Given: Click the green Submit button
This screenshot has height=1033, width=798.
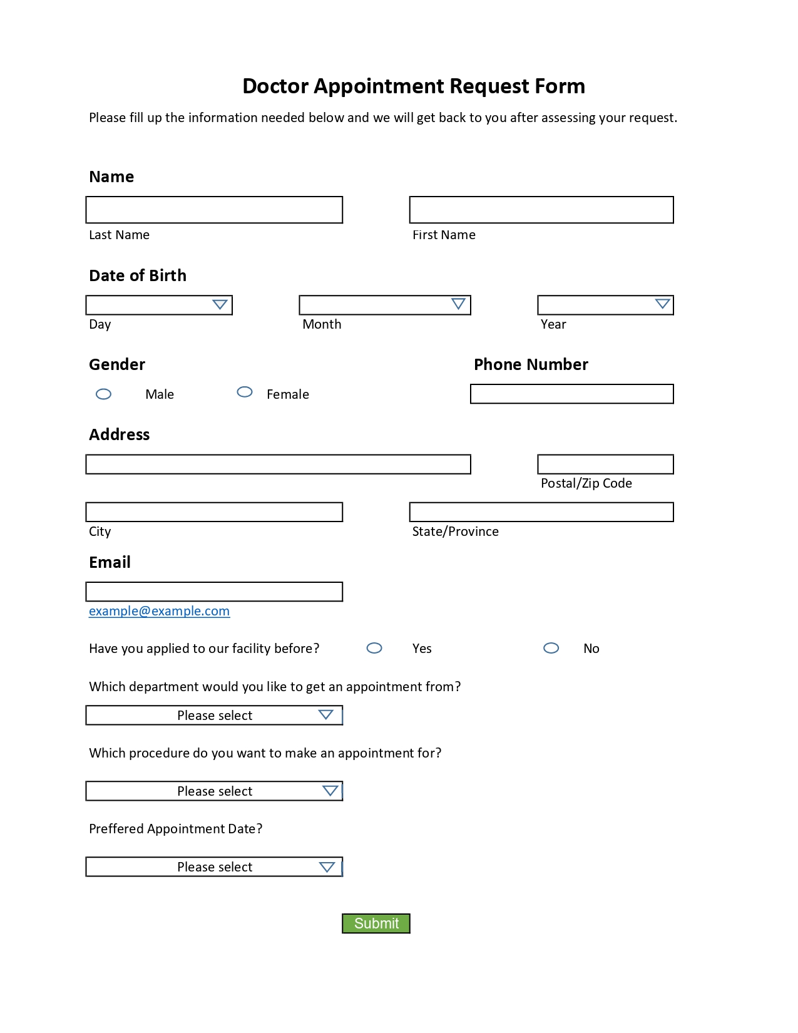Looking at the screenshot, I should pyautogui.click(x=376, y=923).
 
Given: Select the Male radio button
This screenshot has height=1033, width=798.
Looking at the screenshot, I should pyautogui.click(x=104, y=394).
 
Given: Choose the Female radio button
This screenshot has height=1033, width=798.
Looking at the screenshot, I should pyautogui.click(x=245, y=392).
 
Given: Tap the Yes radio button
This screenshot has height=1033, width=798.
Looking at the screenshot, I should pyautogui.click(x=374, y=648).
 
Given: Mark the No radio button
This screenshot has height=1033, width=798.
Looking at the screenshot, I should pyautogui.click(x=551, y=648).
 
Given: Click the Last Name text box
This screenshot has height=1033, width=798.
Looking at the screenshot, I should pyautogui.click(x=214, y=210).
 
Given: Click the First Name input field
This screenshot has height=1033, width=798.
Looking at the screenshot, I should pyautogui.click(x=541, y=210).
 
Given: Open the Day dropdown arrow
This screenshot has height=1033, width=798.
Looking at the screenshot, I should pyautogui.click(x=220, y=305).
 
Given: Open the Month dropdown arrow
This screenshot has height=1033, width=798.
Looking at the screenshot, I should pyautogui.click(x=458, y=304).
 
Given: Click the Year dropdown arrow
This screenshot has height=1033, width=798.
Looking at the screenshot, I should pyautogui.click(x=662, y=304).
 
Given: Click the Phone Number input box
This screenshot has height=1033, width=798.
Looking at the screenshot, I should pyautogui.click(x=571, y=394).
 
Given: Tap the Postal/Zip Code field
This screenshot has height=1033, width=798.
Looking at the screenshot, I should pyautogui.click(x=605, y=465).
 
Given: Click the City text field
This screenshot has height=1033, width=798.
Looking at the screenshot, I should pyautogui.click(x=214, y=512).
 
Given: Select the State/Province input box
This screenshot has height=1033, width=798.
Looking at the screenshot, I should pyautogui.click(x=541, y=512).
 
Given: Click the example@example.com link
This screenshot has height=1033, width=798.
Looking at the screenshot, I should pyautogui.click(x=159, y=611).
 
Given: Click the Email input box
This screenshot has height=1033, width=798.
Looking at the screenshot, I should pyautogui.click(x=214, y=592).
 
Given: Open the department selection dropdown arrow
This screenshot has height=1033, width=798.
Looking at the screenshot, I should pyautogui.click(x=325, y=715).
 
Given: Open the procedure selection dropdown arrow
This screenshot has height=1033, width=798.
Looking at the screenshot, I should pyautogui.click(x=330, y=791).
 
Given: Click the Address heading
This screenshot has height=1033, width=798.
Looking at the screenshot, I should pyautogui.click(x=120, y=434).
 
